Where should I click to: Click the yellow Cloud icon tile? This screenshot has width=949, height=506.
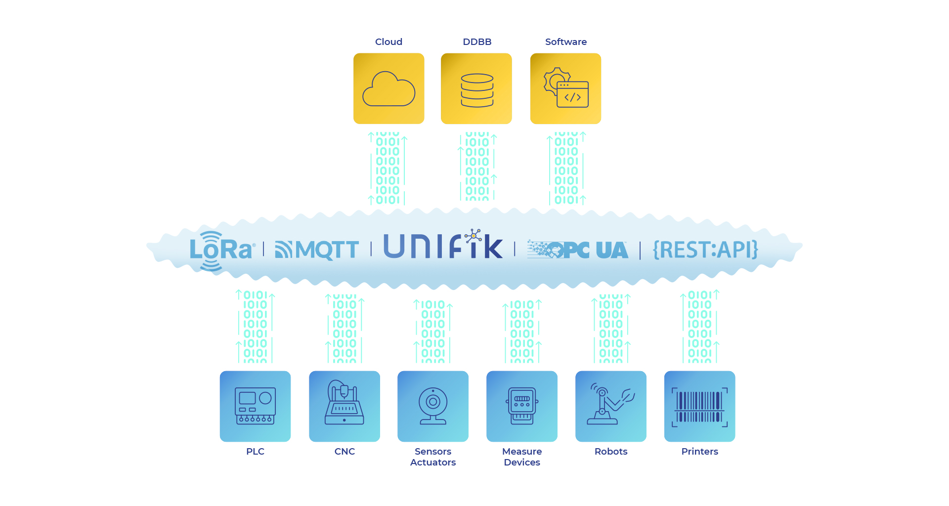[x=388, y=88]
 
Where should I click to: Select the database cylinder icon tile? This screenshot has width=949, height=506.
[x=476, y=88]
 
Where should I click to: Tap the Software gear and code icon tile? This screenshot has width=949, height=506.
[x=565, y=88]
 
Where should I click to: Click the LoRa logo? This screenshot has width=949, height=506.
[x=221, y=251]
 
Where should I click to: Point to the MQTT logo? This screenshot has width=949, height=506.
[x=317, y=250]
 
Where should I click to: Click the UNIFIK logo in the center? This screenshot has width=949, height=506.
[x=443, y=245]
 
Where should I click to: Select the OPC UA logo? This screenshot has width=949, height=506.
[x=577, y=250]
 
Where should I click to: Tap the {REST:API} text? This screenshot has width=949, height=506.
[x=705, y=250]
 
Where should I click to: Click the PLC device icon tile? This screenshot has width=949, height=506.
[x=255, y=406]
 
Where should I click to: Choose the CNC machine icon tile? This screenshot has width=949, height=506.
[x=345, y=406]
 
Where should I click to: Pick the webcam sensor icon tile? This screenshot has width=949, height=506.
[x=433, y=406]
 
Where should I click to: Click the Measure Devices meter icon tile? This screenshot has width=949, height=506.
[x=522, y=406]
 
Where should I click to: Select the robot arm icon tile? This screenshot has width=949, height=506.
[x=611, y=406]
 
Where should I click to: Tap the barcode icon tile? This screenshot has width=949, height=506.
[x=700, y=406]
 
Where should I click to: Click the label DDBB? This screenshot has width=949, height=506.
[x=477, y=42]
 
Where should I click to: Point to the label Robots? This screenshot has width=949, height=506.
[x=611, y=452]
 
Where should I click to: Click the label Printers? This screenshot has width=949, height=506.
[x=700, y=452]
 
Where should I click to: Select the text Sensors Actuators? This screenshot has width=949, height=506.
[x=433, y=457]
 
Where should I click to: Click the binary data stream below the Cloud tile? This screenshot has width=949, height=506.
[x=388, y=168]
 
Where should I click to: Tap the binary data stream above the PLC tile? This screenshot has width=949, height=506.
[x=255, y=327]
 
